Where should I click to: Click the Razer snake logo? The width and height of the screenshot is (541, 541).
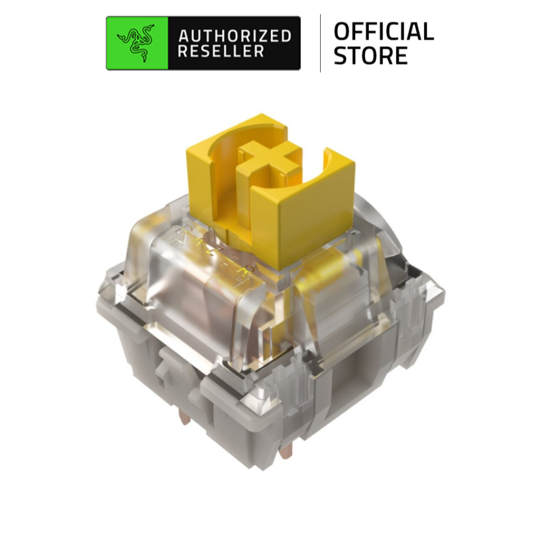point(137,43)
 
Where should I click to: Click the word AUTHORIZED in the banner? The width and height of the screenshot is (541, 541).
point(235,36)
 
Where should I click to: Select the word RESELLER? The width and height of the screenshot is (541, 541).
point(221,52)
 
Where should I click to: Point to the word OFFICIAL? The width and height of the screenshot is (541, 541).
point(384,32)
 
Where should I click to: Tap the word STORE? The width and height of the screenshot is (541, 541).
point(370,55)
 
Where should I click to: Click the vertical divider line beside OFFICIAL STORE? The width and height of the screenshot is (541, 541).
point(320,43)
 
